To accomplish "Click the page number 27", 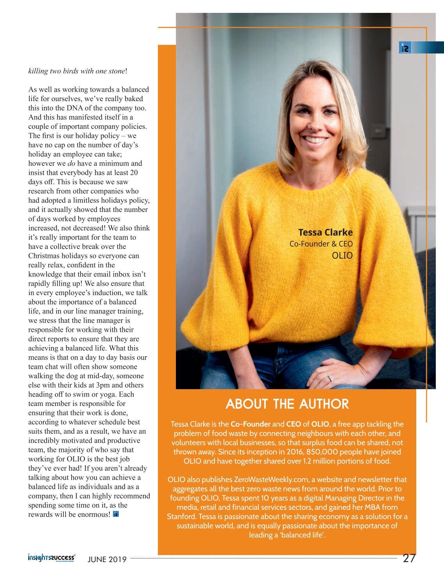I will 409,558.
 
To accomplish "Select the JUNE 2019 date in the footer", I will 107,559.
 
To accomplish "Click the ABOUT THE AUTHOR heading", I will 287,404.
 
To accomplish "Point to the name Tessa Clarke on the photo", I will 325,233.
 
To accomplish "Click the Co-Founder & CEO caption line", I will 321,244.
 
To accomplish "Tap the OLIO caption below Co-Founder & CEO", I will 342,256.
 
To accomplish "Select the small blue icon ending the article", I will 116,514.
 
